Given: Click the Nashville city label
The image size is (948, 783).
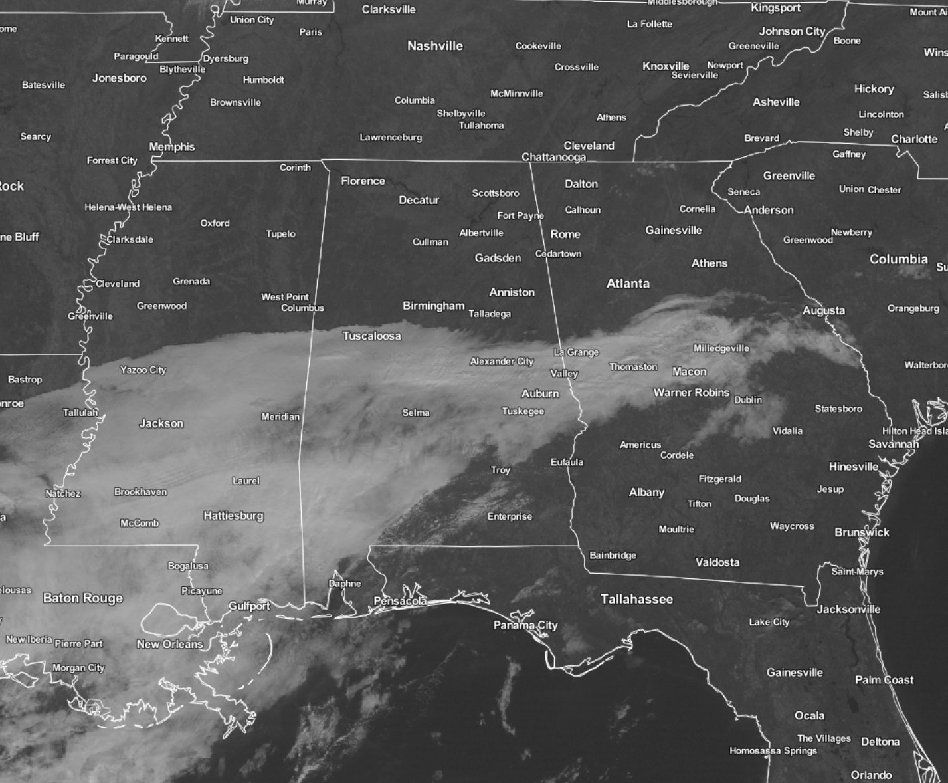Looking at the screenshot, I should (x=434, y=46).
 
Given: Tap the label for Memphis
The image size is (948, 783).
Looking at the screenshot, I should (x=171, y=146).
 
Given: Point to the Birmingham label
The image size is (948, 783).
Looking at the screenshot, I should (x=433, y=306).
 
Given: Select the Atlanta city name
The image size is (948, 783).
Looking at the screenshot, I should (x=628, y=284).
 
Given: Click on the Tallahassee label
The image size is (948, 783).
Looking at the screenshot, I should (x=636, y=599).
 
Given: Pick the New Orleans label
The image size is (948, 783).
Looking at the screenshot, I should (x=169, y=644).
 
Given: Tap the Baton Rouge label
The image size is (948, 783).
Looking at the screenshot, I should (x=83, y=598).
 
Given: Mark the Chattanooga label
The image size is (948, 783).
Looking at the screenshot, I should (x=553, y=157).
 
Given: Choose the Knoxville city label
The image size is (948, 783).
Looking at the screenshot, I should (x=665, y=66).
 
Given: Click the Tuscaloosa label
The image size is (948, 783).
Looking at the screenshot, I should (x=371, y=336).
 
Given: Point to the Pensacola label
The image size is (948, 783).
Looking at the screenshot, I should (x=400, y=601).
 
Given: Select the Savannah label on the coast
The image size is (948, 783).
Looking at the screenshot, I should (x=894, y=443).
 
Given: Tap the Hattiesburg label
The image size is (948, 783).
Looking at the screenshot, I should (x=233, y=516).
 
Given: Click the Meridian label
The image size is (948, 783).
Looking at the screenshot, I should (x=280, y=417).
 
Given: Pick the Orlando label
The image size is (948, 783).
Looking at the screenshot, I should (x=871, y=775).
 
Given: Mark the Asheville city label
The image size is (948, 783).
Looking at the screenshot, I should (x=776, y=102).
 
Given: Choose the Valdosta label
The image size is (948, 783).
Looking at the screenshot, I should (x=717, y=562).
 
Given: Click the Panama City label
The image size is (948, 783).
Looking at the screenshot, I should (x=525, y=625).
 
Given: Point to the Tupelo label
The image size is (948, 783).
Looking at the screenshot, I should (x=280, y=233).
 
